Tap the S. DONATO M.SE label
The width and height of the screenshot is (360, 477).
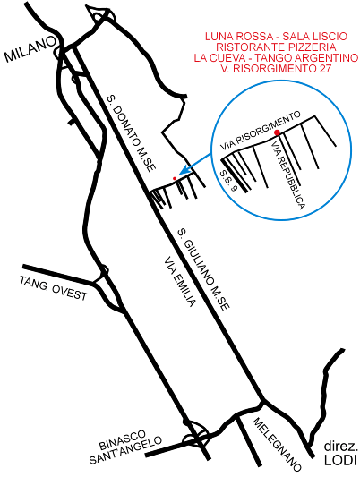point(132,134)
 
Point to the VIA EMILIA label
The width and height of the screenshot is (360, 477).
point(179,282)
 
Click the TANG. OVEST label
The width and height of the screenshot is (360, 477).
point(54,288)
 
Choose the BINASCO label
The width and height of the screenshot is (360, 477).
point(123,440)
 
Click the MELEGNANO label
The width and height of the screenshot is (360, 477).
point(277,445)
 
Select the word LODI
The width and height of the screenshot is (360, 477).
point(340,460)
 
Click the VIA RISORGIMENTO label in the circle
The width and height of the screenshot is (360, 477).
point(261,131)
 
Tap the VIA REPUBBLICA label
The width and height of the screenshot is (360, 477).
point(287,175)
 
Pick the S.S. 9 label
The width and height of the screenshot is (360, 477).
point(228,181)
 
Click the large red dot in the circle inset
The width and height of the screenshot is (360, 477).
point(277,132)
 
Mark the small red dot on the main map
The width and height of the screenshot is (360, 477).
point(175,178)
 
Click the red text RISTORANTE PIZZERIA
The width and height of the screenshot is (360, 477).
point(276,47)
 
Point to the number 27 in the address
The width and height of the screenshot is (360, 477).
point(325,68)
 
